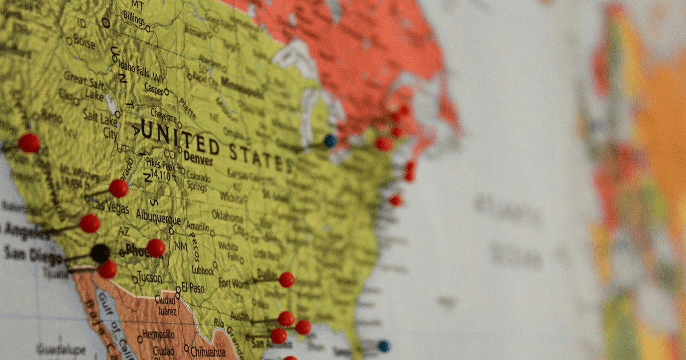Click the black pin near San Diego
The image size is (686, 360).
point(100,253)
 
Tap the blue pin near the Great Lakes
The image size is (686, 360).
point(330,141)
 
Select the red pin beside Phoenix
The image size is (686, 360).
point(155,248)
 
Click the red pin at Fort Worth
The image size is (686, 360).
point(286,279)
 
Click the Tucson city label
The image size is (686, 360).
point(150,278)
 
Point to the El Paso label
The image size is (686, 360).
point(193,289)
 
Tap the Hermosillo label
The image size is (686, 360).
point(159,333)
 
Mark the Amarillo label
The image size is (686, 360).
point(197,227)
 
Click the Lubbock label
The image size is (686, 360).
point(203,270)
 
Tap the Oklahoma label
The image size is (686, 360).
point(228,215)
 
